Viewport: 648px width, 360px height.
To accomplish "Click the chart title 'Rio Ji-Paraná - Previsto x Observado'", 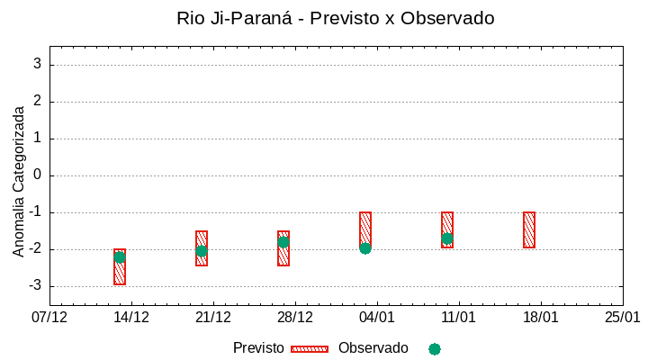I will (336, 18).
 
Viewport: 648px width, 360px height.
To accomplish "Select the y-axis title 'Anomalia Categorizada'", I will (19, 181).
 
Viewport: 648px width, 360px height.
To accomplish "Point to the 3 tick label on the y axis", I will (38, 64).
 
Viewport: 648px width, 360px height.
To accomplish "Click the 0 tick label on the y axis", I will (38, 175).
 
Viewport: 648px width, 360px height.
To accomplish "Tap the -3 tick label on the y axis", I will (34, 286).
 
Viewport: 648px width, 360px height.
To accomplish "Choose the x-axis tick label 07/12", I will (49, 318).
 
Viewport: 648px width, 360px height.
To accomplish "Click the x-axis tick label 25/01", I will (622, 318).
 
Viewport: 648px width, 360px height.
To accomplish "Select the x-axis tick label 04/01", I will (377, 318).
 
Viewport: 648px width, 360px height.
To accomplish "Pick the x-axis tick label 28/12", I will (295, 318).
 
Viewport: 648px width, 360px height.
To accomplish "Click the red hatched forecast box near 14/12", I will (120, 267).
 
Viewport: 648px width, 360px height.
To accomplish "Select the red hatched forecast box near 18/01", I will (529, 229).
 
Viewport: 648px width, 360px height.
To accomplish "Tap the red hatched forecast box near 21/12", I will (202, 248).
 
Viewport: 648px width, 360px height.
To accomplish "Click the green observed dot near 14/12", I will (120, 256).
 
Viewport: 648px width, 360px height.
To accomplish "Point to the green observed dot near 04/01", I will (365, 247).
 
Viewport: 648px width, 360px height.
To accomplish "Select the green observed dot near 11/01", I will (447, 238).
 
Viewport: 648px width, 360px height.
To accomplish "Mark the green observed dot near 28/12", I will (283, 242).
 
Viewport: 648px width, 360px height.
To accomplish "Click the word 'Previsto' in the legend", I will (258, 348).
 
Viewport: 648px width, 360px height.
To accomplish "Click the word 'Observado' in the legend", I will (373, 348).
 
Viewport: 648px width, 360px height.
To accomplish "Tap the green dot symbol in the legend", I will (435, 349).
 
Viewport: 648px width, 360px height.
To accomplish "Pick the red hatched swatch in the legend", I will (310, 349).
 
